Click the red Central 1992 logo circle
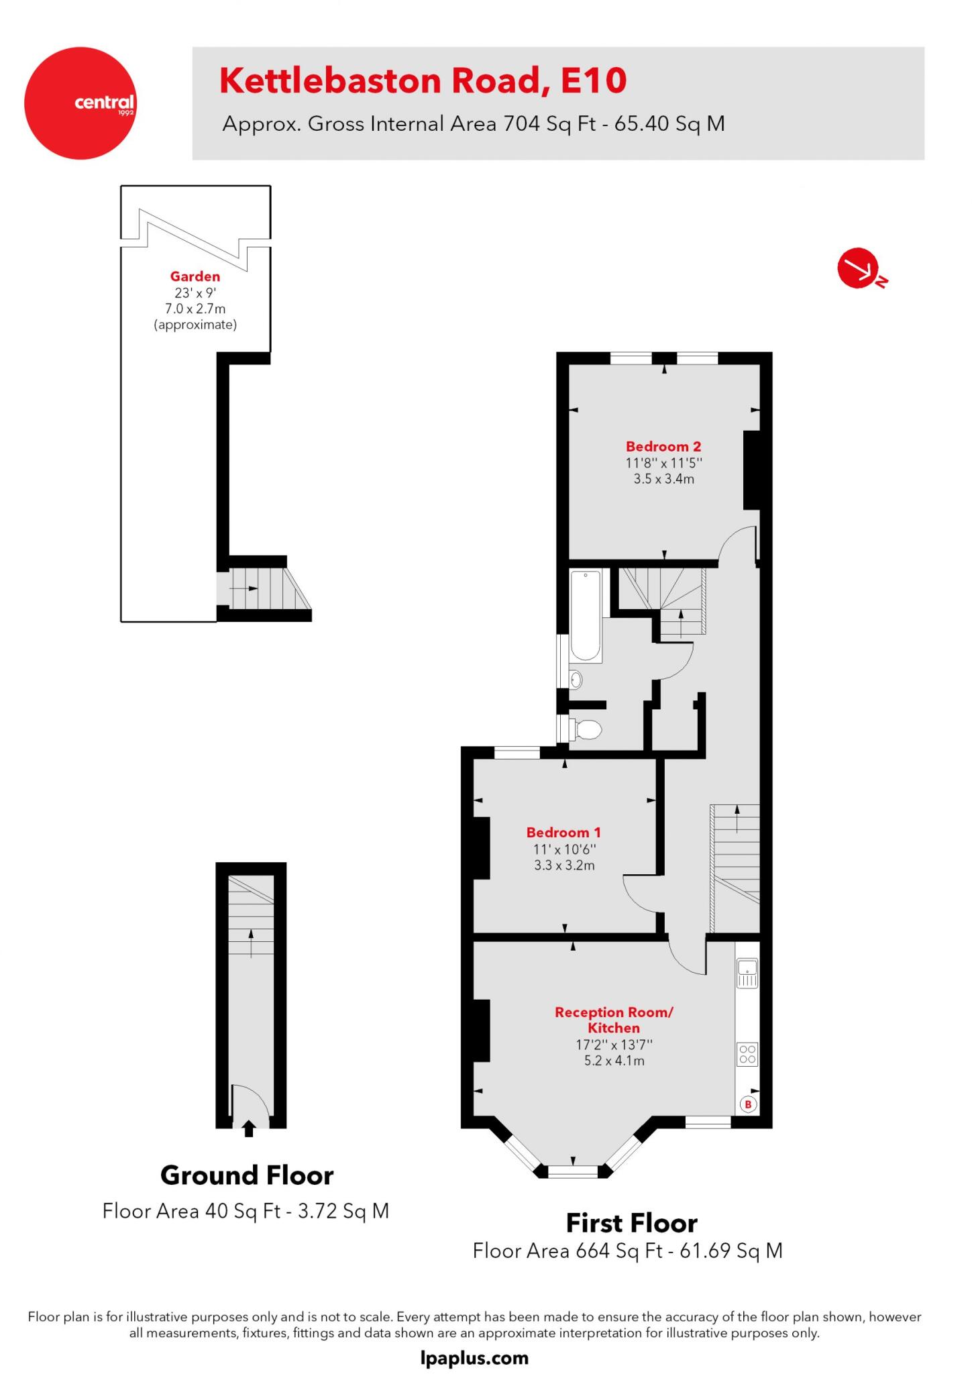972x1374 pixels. (80, 103)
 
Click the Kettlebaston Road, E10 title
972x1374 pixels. (423, 81)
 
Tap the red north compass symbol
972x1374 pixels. (859, 268)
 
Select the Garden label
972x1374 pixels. (195, 276)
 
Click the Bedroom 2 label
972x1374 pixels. (663, 447)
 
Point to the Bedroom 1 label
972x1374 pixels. (563, 833)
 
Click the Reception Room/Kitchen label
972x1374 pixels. (613, 1020)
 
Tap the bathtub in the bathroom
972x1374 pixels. (586, 616)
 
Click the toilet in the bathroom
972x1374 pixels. (586, 729)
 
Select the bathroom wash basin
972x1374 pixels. (575, 680)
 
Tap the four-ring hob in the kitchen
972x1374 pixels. (747, 1055)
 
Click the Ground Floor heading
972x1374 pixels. (247, 1175)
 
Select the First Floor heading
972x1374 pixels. (631, 1223)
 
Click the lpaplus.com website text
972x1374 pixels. (474, 1359)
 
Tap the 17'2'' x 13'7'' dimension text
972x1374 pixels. (614, 1045)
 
